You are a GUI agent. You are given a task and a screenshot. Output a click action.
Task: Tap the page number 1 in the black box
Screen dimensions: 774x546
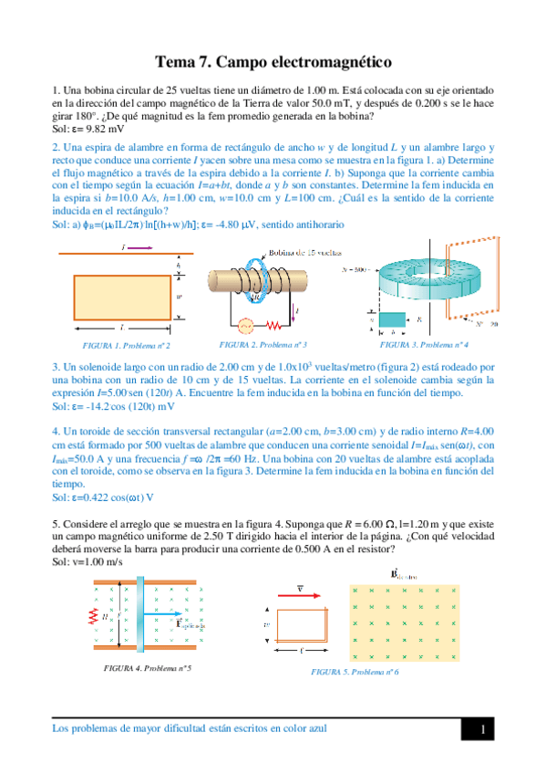[486, 729]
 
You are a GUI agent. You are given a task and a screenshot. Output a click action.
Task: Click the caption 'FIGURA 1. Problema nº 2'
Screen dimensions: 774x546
[114, 346]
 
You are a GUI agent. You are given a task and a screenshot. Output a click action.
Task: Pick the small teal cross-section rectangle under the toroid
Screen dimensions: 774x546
[393, 321]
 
